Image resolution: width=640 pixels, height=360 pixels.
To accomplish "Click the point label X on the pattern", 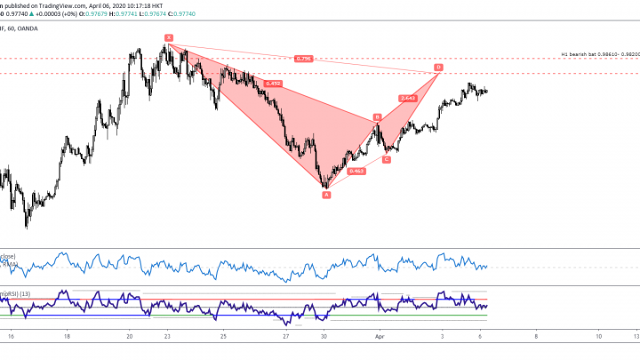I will coord(168,37).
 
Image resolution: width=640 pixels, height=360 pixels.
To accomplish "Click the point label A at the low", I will coord(326,194).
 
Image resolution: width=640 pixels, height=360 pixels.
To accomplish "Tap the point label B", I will coord(378,116).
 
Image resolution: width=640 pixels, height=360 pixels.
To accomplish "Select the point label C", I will coord(387,159).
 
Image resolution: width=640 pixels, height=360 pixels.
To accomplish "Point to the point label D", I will coord(438,68).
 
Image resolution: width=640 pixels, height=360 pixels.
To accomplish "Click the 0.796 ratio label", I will coord(303,59).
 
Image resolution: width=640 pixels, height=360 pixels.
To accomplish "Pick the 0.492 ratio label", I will coord(273,84).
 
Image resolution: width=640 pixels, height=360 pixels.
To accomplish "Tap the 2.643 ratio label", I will coord(408,98).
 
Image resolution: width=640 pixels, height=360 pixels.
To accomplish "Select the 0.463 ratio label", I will coord(356,171).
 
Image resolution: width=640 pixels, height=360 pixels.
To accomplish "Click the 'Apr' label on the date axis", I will coord(380,338).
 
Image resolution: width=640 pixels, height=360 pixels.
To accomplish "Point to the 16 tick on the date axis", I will coord(11,338).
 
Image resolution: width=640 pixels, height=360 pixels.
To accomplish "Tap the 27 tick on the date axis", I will coord(285,338).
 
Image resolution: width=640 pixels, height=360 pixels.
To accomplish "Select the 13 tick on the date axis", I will coord(636,338).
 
